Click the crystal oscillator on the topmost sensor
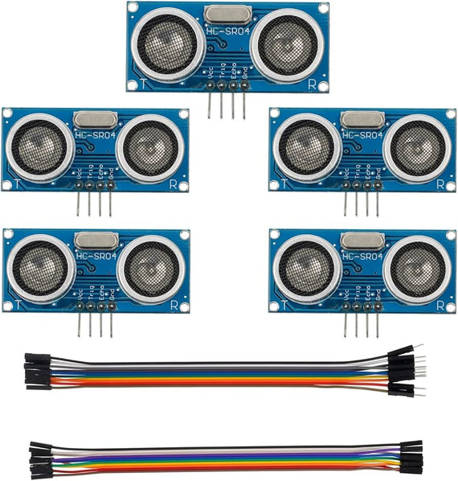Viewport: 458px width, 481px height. (x=228, y=14)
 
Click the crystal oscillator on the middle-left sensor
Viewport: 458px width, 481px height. (x=96, y=118)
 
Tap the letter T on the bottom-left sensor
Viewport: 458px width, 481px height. (x=15, y=305)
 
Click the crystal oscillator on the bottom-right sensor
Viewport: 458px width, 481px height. (x=362, y=239)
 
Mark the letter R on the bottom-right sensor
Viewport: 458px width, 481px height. (x=440, y=305)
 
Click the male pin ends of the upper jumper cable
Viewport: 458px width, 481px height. (x=406, y=370)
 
